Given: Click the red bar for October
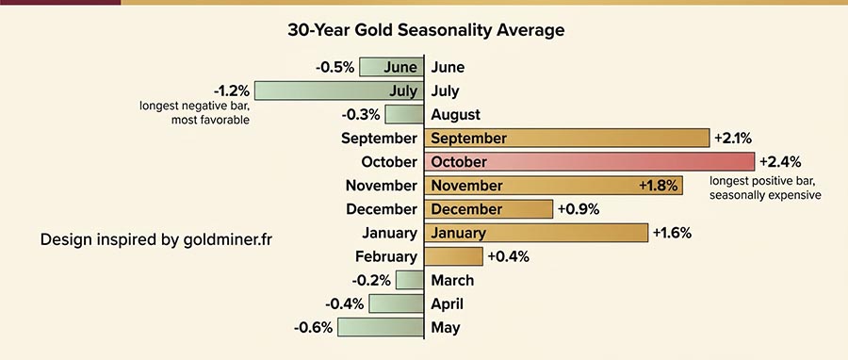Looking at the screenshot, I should point(589,162).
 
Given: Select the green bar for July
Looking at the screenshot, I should point(339,91).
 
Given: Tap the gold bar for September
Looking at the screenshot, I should point(566,139).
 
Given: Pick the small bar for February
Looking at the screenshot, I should point(453,256).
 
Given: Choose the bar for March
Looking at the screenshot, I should point(410,280).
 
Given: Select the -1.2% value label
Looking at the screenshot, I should point(231,91).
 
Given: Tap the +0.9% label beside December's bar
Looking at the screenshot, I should point(579,209).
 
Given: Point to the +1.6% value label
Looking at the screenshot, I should point(674,233).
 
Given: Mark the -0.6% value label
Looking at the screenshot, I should point(313,327).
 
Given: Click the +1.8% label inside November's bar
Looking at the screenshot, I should point(658,186).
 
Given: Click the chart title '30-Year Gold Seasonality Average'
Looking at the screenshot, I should point(426,30).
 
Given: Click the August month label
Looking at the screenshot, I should point(455,115).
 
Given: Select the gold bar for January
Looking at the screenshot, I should point(536,233).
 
